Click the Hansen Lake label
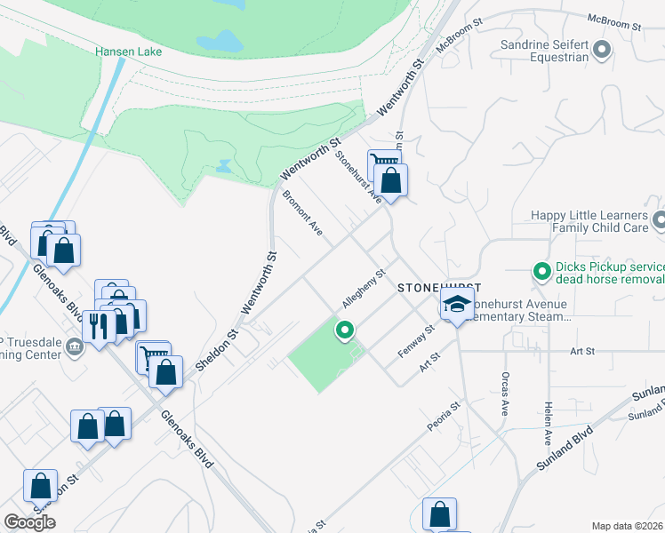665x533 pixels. (x=129, y=52)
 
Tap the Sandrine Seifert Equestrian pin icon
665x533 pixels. (x=602, y=50)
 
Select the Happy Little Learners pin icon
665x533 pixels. (x=658, y=220)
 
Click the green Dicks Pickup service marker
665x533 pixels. (x=540, y=271)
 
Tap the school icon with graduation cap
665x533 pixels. (x=457, y=306)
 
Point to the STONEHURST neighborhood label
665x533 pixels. (x=438, y=288)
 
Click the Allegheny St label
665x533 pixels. (x=362, y=290)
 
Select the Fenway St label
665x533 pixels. (x=415, y=341)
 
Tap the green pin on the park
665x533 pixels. (x=344, y=330)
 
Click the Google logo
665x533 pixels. (x=29, y=522)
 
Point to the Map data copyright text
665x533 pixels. (x=628, y=526)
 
